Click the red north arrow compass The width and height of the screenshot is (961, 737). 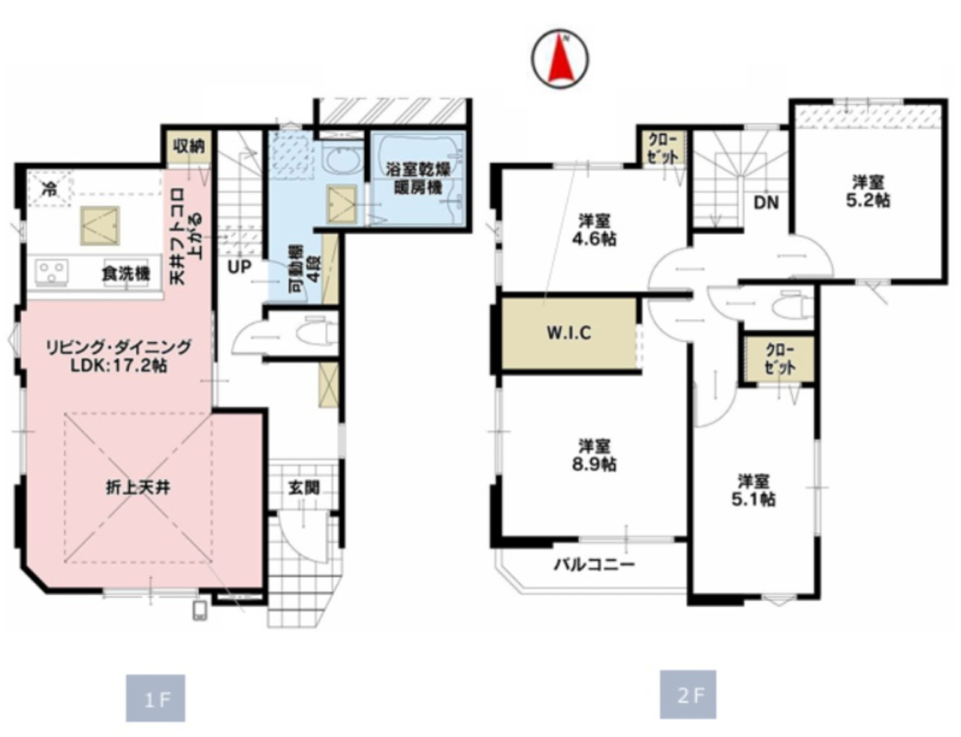point(559,59)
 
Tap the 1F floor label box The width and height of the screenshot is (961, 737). point(155,698)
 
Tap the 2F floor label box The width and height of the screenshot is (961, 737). point(688,694)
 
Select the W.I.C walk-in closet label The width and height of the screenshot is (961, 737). point(569,333)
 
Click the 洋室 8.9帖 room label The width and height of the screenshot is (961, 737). point(594,456)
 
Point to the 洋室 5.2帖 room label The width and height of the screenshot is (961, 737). point(868,191)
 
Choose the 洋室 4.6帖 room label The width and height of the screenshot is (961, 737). point(594,230)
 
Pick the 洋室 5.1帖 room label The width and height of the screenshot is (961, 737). point(753,490)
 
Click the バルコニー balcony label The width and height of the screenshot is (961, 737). point(595,564)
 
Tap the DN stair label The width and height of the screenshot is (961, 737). point(766,203)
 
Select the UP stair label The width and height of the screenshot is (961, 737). point(239,266)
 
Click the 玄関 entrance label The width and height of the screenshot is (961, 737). point(304,488)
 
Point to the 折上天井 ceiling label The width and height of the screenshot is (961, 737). point(138,488)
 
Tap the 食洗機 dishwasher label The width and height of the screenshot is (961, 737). point(125,274)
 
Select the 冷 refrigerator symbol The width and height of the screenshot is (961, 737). point(50,190)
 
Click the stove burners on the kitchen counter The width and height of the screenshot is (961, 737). point(53,271)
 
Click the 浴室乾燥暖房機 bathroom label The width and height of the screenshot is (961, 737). point(418,179)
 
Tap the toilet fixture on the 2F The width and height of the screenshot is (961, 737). point(794,303)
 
